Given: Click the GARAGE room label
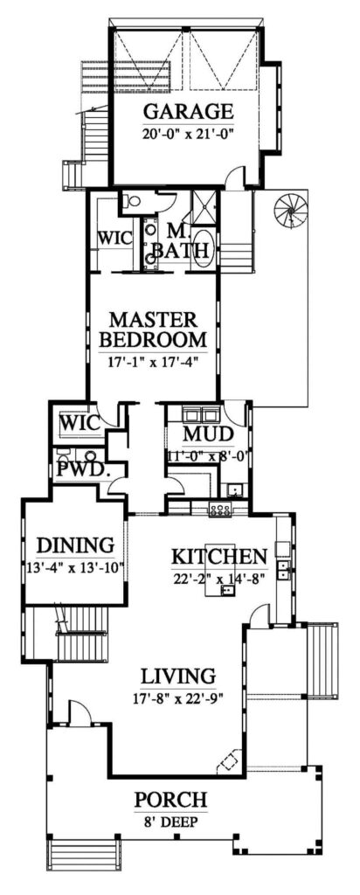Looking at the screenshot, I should [188, 112].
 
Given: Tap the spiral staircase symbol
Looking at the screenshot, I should [289, 211].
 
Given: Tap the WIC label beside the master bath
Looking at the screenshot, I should [114, 238].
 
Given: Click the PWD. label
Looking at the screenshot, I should [81, 469].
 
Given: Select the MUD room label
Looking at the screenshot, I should [205, 435].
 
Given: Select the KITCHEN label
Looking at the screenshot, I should [218, 557].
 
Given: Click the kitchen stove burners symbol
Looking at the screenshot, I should [218, 509].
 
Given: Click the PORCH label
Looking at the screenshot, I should [171, 799].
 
